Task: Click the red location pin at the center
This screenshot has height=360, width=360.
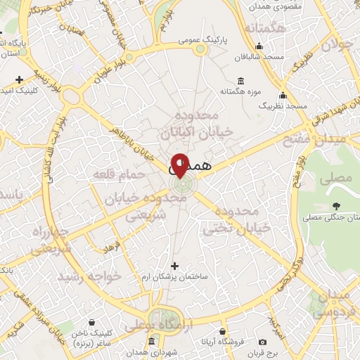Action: (181, 165)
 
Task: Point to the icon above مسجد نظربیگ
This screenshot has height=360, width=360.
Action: (283, 95)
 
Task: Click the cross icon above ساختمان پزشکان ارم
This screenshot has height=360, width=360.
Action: (174, 266)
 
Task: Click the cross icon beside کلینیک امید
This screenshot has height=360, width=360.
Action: (19, 79)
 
